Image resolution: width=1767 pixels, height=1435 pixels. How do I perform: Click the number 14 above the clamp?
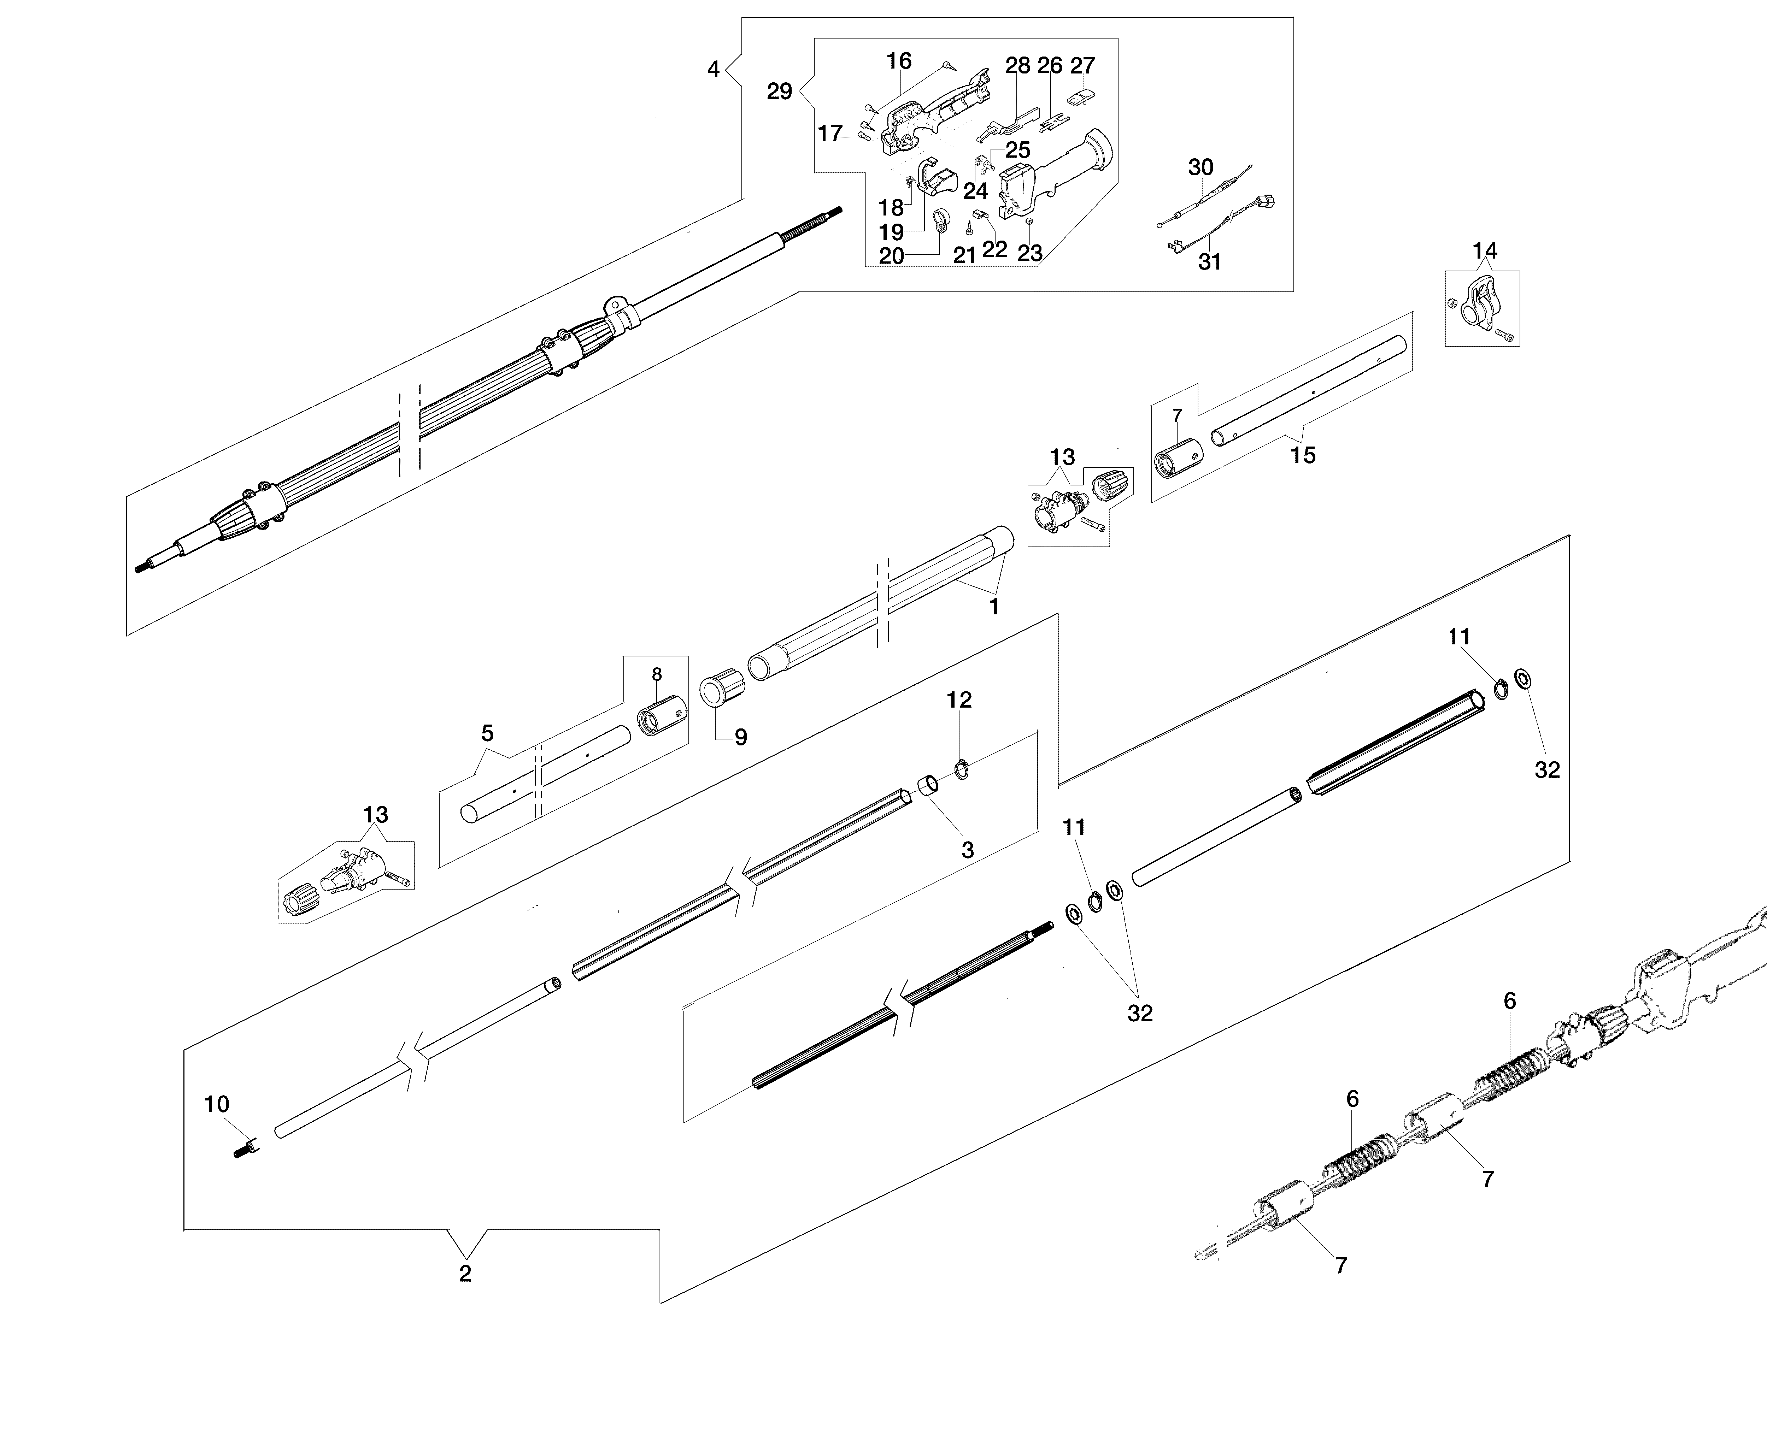pos(1484,250)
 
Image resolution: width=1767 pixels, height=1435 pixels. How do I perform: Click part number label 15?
pos(1302,455)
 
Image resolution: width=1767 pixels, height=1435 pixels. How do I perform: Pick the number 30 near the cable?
pos(1200,168)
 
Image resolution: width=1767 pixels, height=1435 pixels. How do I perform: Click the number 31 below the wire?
pos(1210,262)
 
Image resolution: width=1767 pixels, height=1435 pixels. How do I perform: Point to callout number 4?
pos(714,70)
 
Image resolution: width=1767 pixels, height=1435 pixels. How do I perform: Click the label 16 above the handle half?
pos(899,61)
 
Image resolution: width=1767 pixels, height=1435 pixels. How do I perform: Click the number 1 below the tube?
pos(994,607)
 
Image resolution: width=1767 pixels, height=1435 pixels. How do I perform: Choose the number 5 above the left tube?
pos(487,733)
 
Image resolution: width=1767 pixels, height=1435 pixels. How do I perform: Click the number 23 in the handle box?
pos(1029,253)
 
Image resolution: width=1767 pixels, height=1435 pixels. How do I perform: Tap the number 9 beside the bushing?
pos(741,737)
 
